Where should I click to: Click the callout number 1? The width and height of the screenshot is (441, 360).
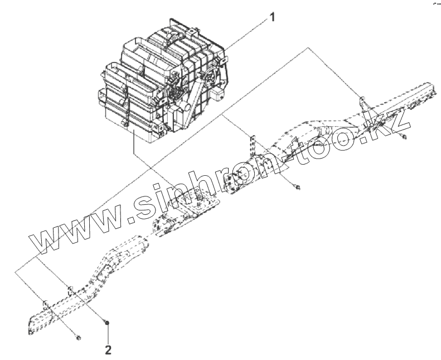(x=272, y=17)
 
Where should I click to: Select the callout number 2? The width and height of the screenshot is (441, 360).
(x=108, y=350)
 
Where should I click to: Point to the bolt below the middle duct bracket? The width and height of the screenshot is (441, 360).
(x=299, y=187)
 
